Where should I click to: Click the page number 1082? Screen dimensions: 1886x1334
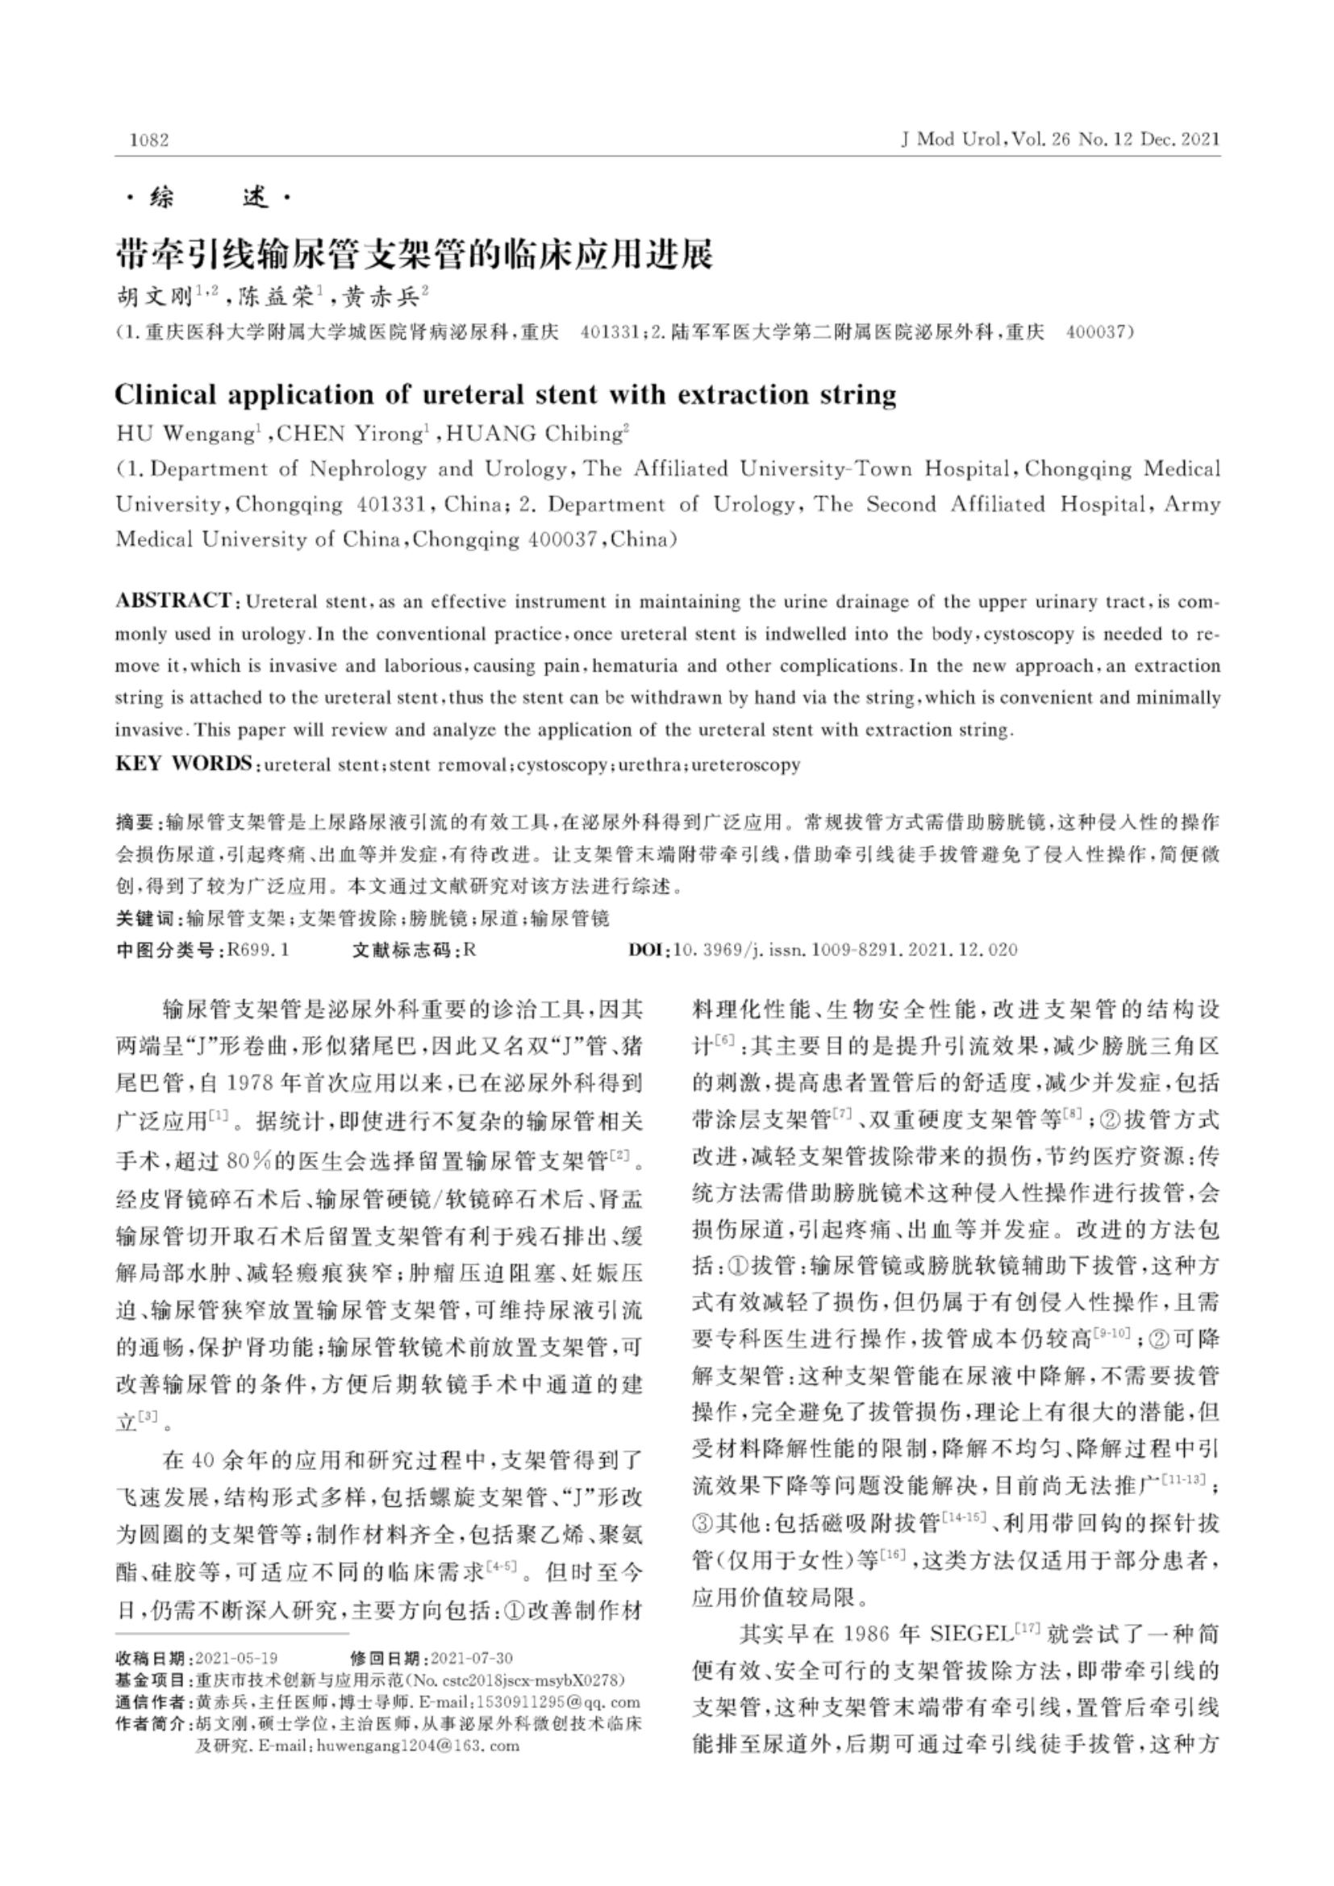(148, 139)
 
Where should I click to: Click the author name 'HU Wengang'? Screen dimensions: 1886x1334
(186, 434)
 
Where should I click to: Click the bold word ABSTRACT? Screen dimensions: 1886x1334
(173, 601)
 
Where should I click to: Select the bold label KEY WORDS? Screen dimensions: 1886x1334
(183, 764)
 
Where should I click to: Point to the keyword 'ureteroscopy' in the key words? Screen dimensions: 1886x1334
(745, 764)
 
